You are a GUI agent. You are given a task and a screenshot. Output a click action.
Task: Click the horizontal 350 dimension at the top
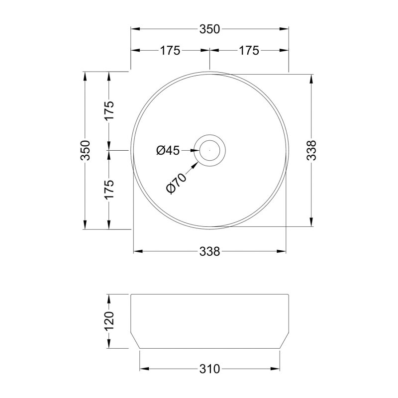coord(209,29)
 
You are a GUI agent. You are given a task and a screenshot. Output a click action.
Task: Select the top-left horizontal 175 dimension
coord(170,51)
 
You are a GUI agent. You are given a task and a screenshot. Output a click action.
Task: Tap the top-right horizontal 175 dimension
coord(249,51)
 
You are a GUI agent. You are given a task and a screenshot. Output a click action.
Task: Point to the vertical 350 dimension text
coord(85,150)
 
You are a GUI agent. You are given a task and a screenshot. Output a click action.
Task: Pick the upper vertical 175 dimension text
coord(109,111)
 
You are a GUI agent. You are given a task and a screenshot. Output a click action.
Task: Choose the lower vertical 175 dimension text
coord(109,190)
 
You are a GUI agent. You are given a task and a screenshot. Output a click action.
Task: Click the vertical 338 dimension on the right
coord(311,150)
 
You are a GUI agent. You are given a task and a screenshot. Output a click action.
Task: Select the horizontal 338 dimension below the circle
coord(209,252)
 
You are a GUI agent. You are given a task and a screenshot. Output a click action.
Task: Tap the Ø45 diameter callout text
coord(168,150)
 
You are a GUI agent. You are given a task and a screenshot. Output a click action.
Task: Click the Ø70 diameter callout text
coord(176,183)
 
